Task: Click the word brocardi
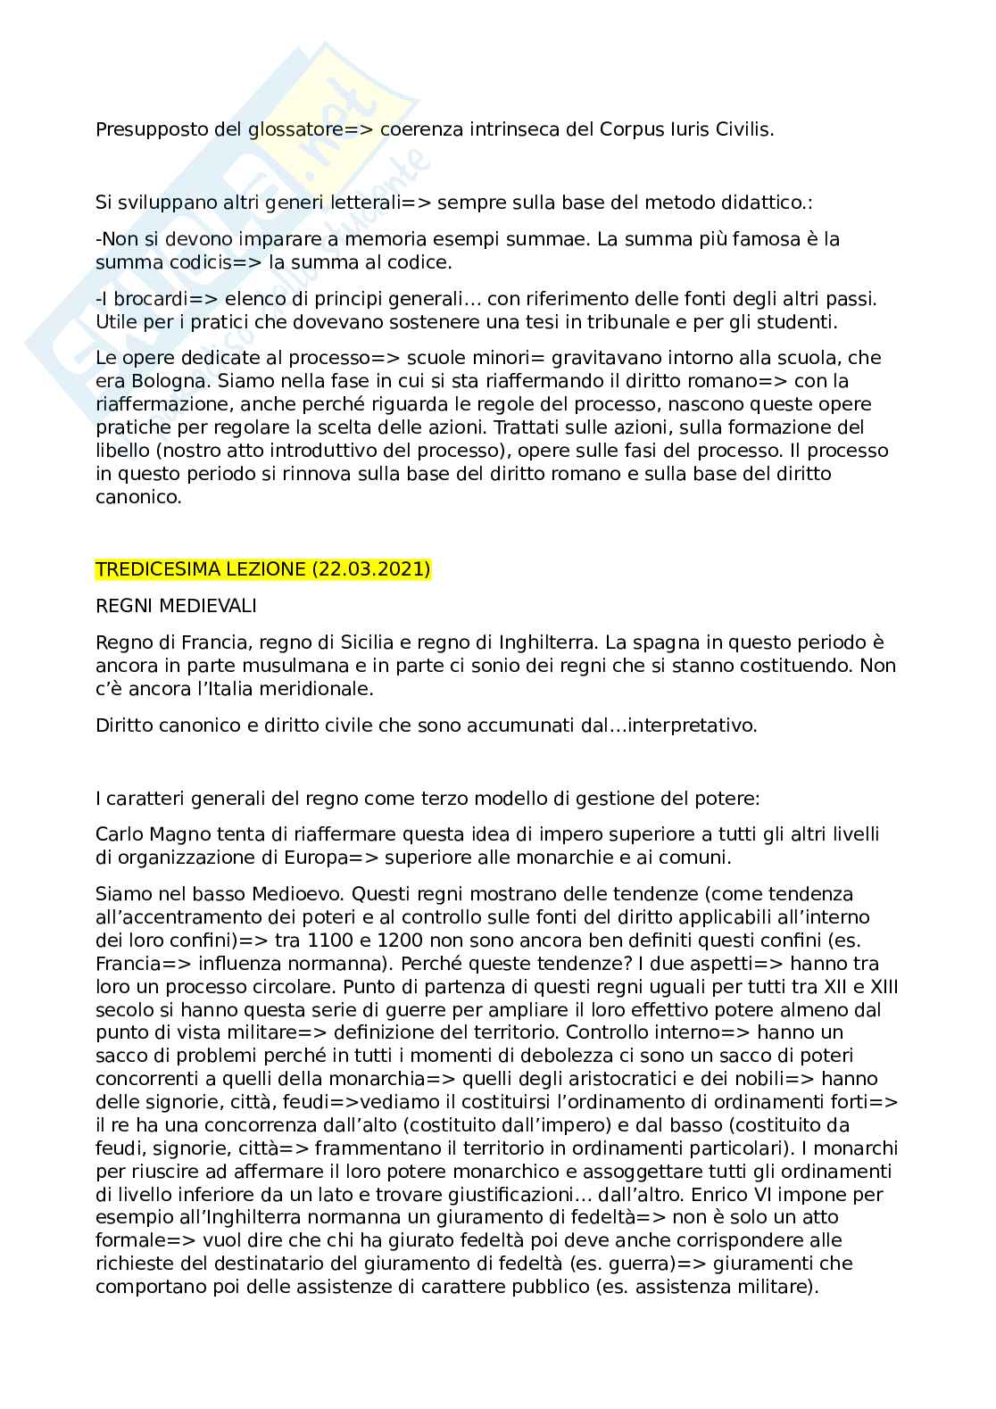pos(140,298)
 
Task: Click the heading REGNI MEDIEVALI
pos(176,606)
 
